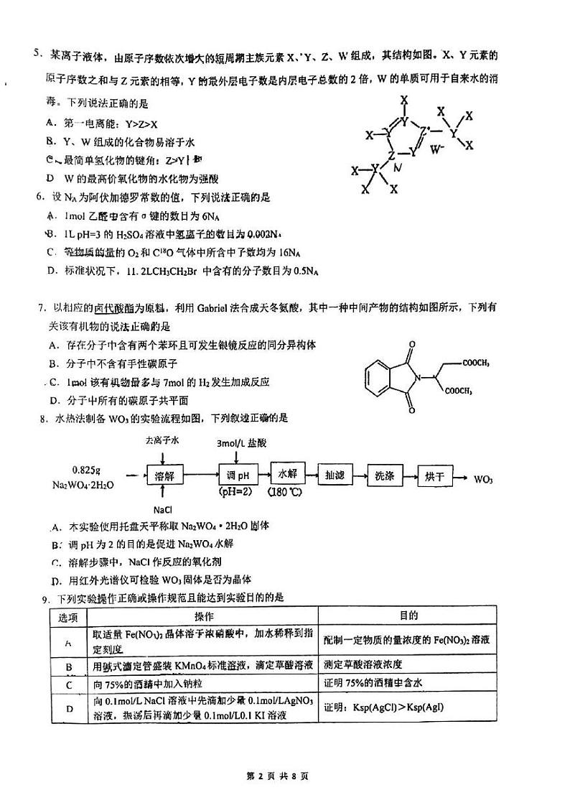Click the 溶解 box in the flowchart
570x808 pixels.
tap(164, 475)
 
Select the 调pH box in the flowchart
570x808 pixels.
tap(237, 475)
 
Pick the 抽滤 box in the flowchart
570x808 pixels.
tap(335, 475)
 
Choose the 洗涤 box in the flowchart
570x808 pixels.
tap(384, 475)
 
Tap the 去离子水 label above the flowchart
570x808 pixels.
tap(160, 440)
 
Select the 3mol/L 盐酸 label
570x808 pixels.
tap(242, 443)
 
